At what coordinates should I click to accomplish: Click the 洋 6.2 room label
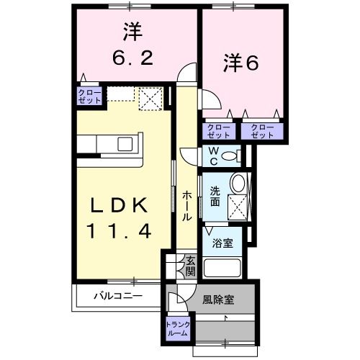pyautogui.click(x=131, y=45)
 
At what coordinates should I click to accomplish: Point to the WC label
pyautogui.click(x=213, y=154)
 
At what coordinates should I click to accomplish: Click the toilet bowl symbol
pyautogui.click(x=230, y=156)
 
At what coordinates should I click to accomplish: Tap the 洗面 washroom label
pyautogui.click(x=215, y=197)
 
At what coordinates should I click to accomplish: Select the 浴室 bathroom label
pyautogui.click(x=222, y=243)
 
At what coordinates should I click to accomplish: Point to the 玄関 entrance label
pyautogui.click(x=190, y=266)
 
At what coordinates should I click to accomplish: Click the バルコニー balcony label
pyautogui.click(x=117, y=295)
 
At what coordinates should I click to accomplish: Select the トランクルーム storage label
pyautogui.click(x=177, y=328)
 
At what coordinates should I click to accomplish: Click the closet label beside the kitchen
pyautogui.click(x=90, y=96)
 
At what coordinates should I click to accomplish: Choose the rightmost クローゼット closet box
pyautogui.click(x=262, y=130)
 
